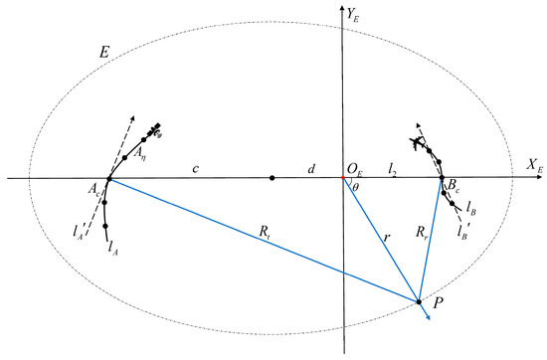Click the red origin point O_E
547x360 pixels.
342,179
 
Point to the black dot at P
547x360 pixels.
419,301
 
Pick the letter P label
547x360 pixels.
438,298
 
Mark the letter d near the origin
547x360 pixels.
310,168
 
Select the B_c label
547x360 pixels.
454,185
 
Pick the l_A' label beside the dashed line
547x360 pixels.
80,232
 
